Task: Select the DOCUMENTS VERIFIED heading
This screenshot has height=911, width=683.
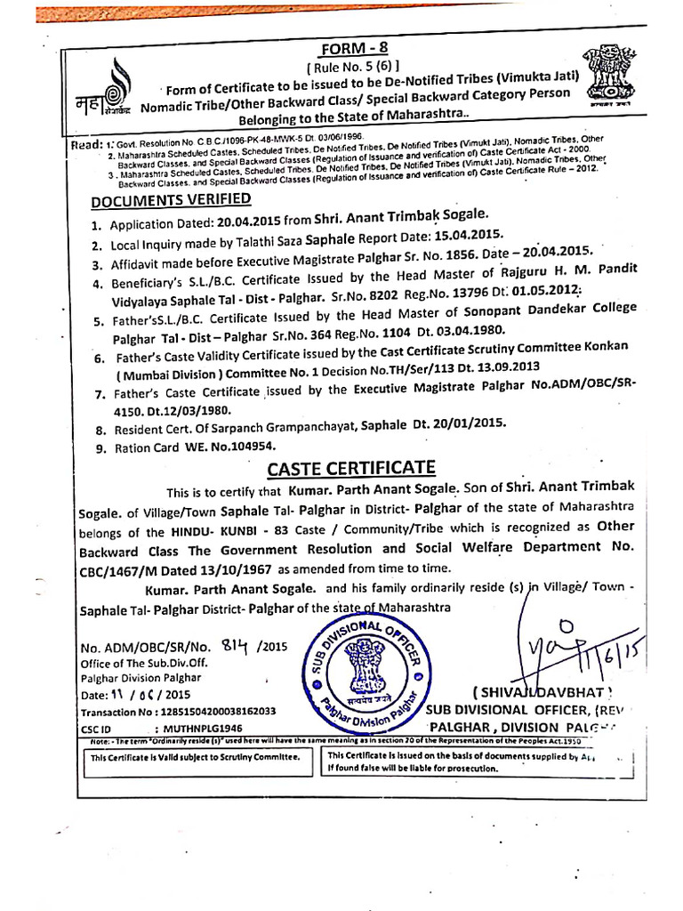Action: pyautogui.click(x=171, y=198)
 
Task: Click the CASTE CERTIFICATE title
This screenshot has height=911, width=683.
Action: pyautogui.click(x=352, y=469)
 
